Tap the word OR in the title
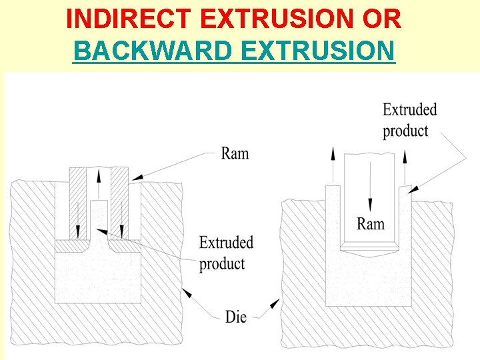point(382,20)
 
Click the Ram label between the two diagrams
point(235,153)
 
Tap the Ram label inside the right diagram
point(371,223)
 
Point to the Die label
point(235,317)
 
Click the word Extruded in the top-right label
point(409,109)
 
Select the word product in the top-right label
point(405,131)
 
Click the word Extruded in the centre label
point(226,241)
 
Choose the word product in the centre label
point(222,263)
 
